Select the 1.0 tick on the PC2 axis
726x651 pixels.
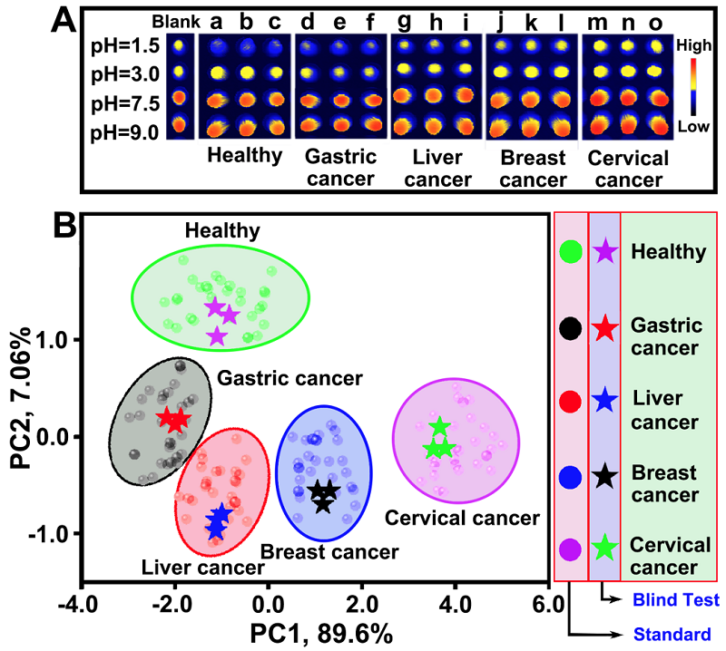click(57, 340)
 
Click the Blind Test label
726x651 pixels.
click(675, 599)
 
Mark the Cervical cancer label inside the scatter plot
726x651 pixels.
click(463, 519)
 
